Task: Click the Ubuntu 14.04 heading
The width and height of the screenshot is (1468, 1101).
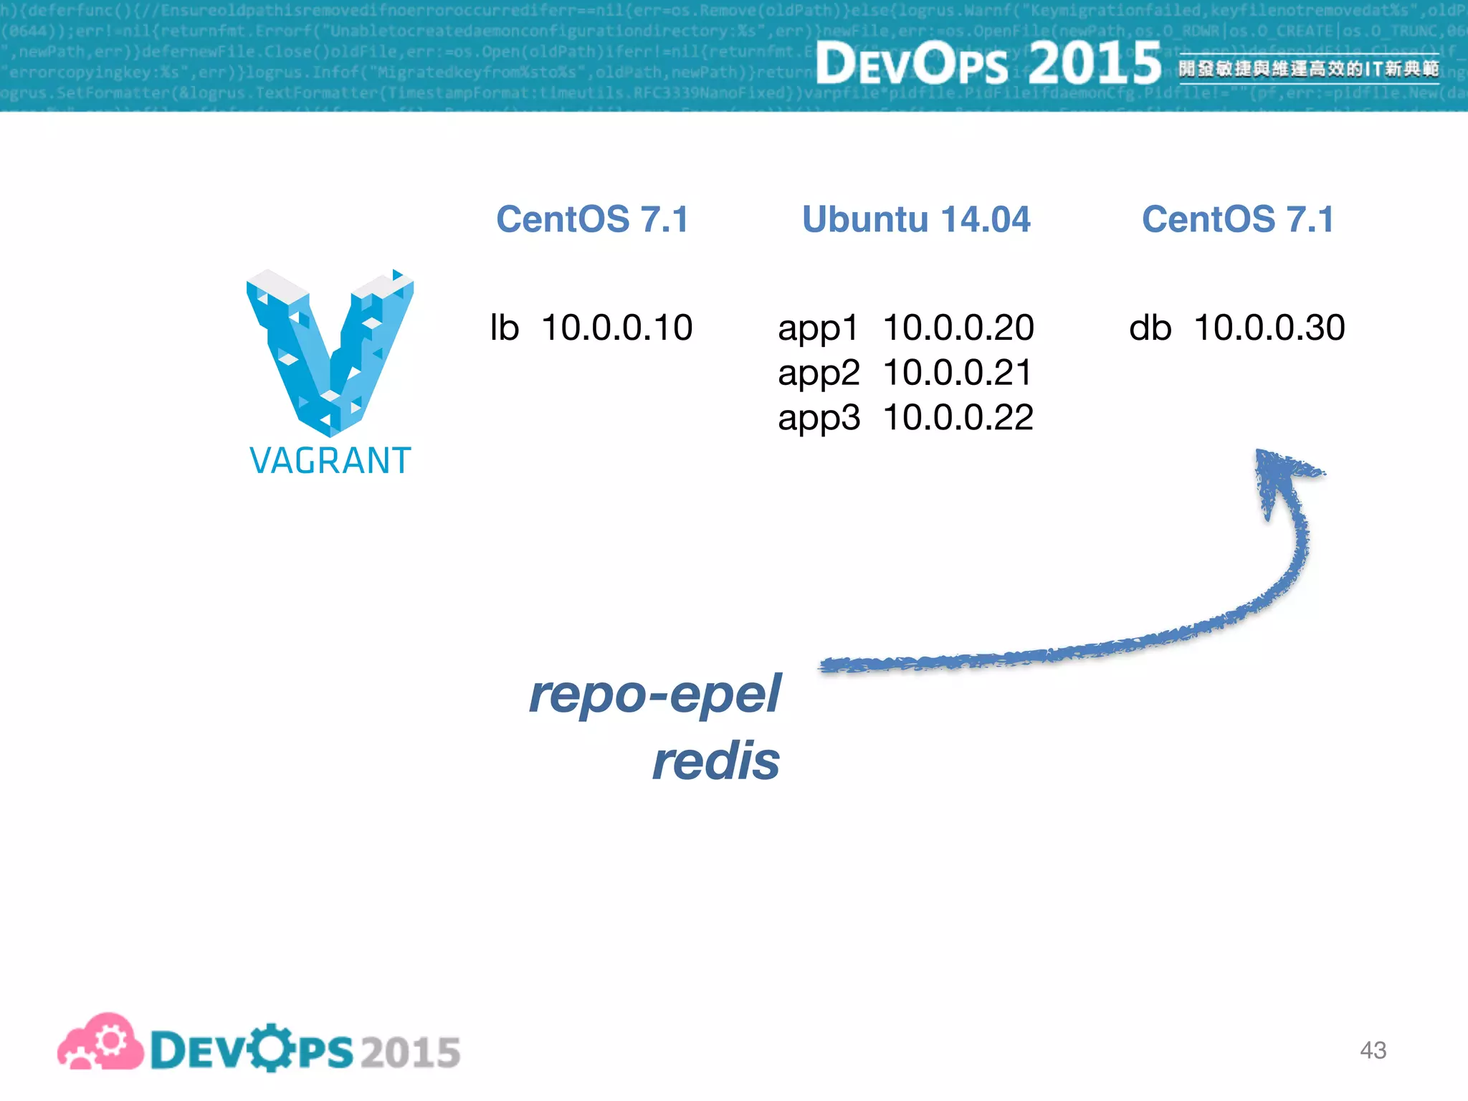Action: (x=916, y=219)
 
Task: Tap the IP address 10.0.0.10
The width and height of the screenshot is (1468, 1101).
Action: (x=616, y=328)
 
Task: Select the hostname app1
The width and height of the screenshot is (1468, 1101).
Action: (x=818, y=329)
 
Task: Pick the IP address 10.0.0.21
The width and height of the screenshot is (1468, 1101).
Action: (x=958, y=373)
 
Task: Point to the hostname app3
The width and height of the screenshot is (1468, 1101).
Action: (x=819, y=419)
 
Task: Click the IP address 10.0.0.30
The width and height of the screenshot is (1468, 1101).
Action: (x=1269, y=328)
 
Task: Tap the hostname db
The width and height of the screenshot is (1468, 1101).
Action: (x=1150, y=328)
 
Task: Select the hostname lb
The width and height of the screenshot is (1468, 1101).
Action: (x=504, y=328)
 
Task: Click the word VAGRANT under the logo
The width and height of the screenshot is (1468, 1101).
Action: (x=330, y=460)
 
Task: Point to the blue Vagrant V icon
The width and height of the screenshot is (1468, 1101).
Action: (x=330, y=351)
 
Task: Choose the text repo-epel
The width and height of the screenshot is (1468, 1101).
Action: (x=654, y=694)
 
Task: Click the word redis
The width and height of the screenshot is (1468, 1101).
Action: (x=715, y=761)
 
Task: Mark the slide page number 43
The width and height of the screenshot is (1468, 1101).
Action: (x=1373, y=1050)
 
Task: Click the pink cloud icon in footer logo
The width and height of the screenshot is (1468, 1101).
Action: (x=100, y=1043)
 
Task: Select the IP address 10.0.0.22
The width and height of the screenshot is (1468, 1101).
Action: (x=958, y=418)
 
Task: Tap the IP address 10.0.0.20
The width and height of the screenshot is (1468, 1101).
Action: (x=958, y=328)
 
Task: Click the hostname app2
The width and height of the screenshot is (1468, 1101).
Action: (x=819, y=373)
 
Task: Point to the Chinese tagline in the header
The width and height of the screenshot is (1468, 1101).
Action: (x=1308, y=69)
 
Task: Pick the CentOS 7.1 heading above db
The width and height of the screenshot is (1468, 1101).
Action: (x=1238, y=219)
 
